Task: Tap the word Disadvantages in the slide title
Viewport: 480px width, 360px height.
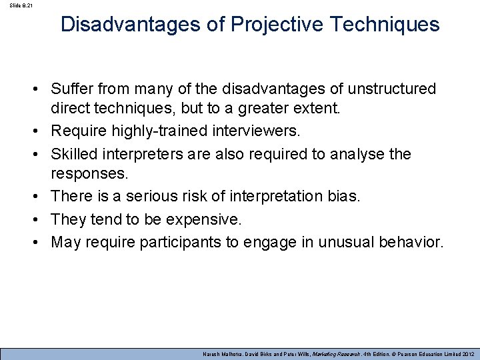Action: pos(126,25)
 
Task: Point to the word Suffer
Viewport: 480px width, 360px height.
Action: pos(73,89)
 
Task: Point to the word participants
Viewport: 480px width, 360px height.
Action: pos(180,241)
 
